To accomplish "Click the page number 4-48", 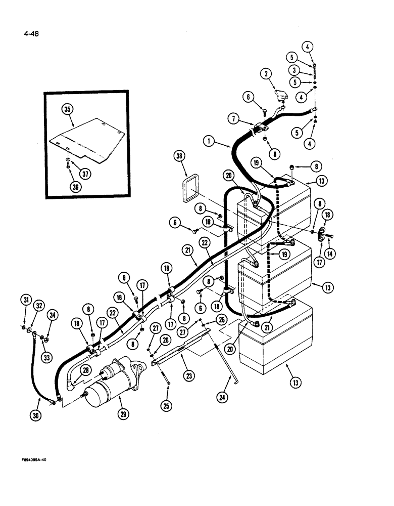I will (31, 34).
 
